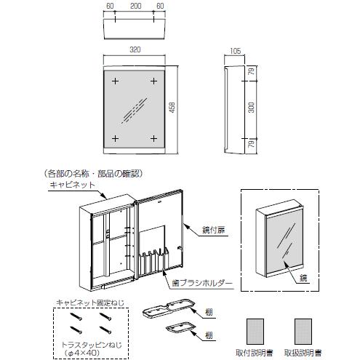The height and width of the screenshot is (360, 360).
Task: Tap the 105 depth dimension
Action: coord(234,53)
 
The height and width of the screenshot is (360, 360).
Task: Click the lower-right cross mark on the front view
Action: coord(153,137)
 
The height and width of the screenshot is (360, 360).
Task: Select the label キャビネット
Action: coord(71,186)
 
